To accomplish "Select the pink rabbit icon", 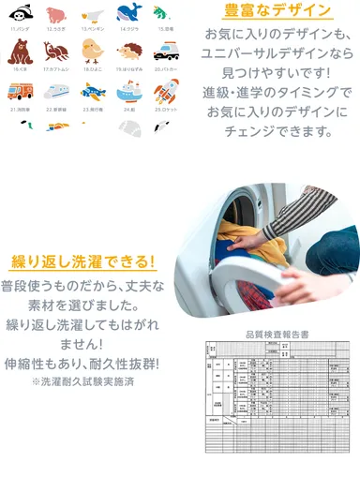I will pos(55,13).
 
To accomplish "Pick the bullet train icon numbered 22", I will pos(55,91).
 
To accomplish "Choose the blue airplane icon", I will pos(92,91).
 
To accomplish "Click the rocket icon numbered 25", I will pos(165,91).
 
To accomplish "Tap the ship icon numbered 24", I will pos(128,91).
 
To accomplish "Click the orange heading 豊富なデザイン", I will pos(277,11).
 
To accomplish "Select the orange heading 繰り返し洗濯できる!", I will pos(82,260).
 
